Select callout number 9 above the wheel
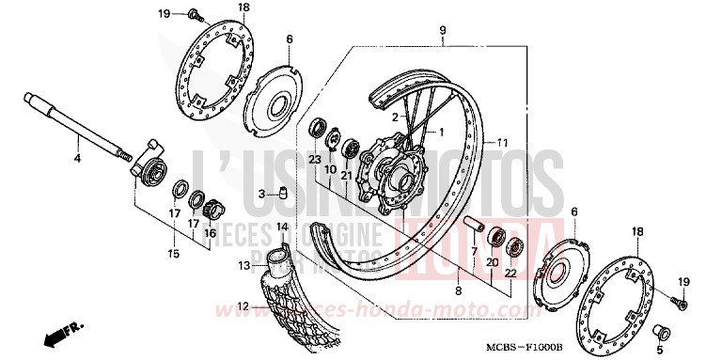441,31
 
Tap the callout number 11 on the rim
504,142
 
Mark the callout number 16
210,233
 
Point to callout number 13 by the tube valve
243,265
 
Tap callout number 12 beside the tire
243,305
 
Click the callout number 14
280,227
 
